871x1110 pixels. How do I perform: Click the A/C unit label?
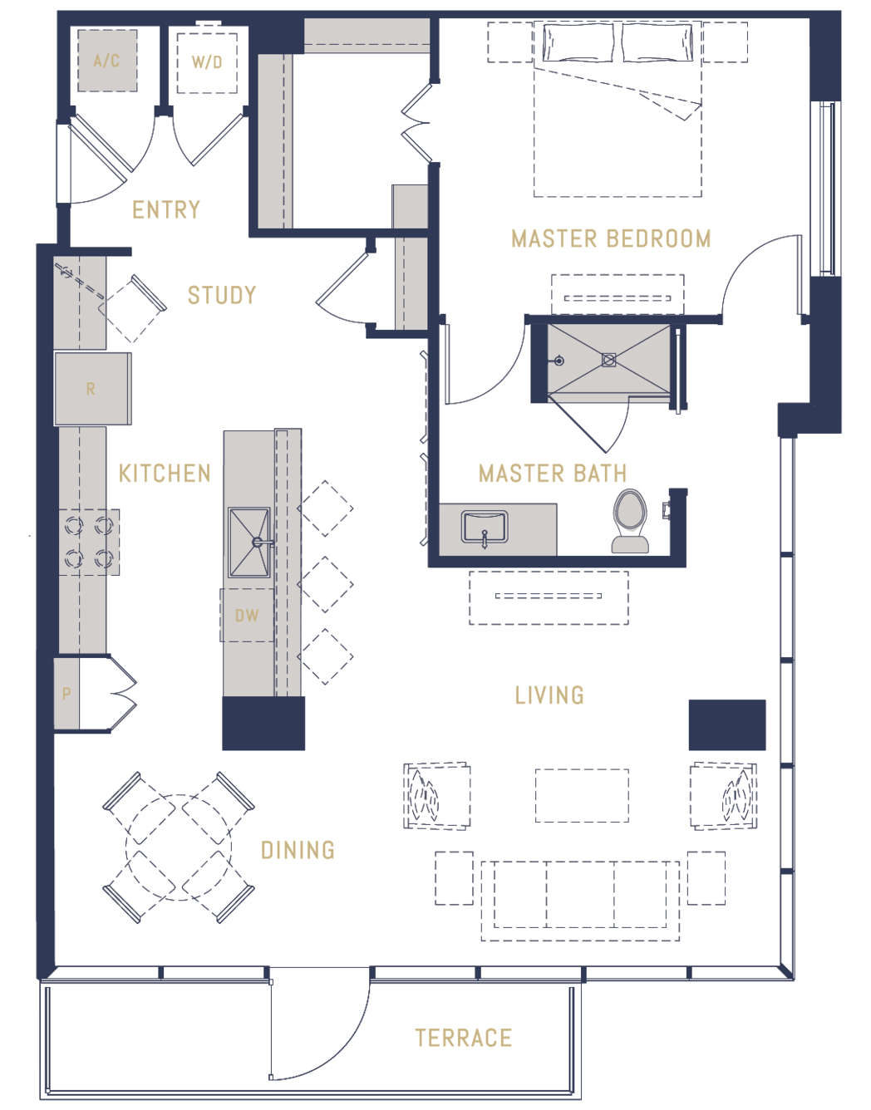(106, 61)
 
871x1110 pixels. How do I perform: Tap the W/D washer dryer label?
(207, 62)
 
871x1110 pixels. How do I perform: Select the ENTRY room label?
(166, 210)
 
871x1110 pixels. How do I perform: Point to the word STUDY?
(222, 295)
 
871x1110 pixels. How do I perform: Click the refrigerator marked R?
(92, 389)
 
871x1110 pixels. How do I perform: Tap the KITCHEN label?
(165, 474)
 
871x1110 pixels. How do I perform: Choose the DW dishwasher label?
(247, 616)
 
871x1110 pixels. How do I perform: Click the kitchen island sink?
(249, 542)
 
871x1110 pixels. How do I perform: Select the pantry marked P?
(66, 694)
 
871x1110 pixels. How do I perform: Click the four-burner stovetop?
(89, 542)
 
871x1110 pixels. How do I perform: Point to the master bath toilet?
(630, 521)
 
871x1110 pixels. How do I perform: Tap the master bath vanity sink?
(485, 527)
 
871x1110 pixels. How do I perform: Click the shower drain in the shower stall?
(608, 360)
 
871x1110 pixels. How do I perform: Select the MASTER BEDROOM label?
(611, 238)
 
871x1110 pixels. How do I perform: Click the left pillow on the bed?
(578, 42)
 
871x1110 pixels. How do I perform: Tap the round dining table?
(179, 847)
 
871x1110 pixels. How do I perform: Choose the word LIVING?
(549, 695)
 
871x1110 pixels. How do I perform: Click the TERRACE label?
(463, 1038)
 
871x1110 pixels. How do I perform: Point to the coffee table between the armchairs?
(582, 795)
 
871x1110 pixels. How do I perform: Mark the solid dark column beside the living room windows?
(727, 724)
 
